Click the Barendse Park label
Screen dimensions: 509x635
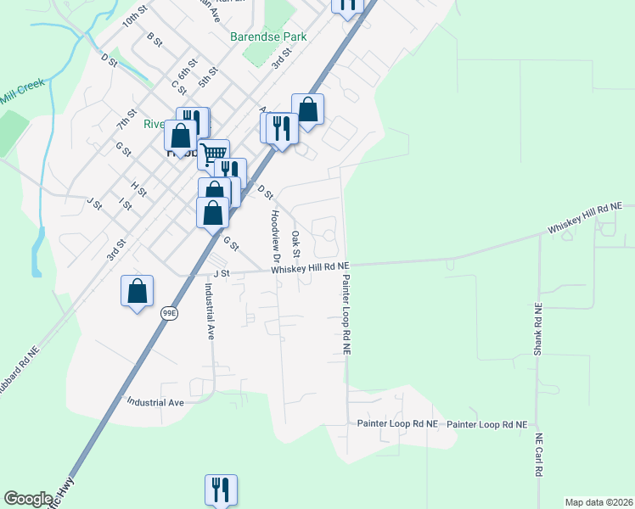click(268, 37)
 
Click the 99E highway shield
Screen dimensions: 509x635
click(170, 313)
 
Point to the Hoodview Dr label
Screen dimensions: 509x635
click(275, 234)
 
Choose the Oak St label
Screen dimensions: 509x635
click(296, 243)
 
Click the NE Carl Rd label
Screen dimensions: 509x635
click(538, 456)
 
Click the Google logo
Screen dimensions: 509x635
click(28, 499)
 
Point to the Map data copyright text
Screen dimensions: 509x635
click(599, 502)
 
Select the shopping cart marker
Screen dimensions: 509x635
click(213, 154)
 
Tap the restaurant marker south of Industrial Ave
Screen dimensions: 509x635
click(221, 489)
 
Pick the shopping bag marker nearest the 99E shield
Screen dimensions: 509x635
click(137, 291)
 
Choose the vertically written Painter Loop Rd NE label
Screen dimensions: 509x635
click(346, 314)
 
